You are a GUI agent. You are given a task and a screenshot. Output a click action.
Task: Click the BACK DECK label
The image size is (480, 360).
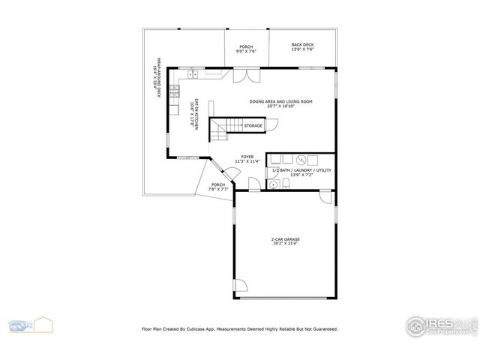[302, 45]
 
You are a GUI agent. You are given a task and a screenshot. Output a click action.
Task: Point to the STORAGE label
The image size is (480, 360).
[253, 126]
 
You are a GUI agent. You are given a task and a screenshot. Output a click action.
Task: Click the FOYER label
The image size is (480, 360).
[247, 157]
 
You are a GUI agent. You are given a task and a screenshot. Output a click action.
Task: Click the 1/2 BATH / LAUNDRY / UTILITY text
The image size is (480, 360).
[300, 170]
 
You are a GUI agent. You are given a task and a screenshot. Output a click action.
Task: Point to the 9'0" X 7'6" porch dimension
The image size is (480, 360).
[247, 51]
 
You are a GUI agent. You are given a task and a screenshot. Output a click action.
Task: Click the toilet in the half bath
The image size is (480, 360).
[274, 184]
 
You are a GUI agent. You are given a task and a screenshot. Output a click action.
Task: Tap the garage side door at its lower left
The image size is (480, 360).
[240, 286]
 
